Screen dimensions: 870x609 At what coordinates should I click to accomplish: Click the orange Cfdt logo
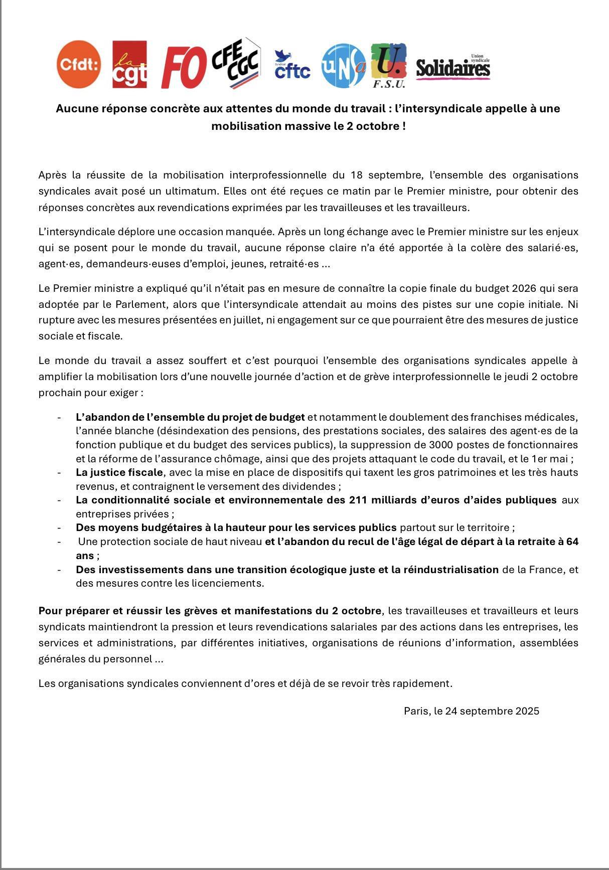(78, 64)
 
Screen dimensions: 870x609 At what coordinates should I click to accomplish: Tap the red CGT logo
(129, 64)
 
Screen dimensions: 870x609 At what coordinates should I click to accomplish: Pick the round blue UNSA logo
(343, 65)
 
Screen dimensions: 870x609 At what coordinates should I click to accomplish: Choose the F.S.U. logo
(389, 65)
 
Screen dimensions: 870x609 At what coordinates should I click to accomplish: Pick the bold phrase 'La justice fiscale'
(119, 472)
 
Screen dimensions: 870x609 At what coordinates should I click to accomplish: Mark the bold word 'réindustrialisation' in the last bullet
(451, 570)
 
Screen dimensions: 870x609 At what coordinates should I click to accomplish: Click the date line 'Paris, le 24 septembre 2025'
(472, 711)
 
